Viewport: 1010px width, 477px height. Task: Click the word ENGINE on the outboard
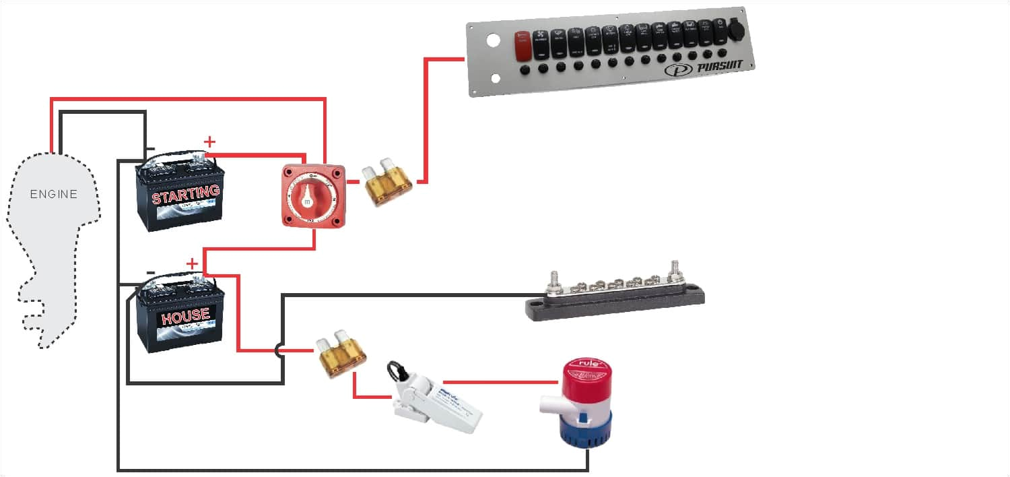[54, 195]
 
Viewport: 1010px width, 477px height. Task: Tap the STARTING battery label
[185, 195]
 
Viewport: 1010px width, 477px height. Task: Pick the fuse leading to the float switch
[342, 353]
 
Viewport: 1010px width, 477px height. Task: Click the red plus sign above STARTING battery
[210, 141]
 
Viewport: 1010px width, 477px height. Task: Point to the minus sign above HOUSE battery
[151, 272]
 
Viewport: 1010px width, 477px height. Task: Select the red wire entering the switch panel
[444, 59]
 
